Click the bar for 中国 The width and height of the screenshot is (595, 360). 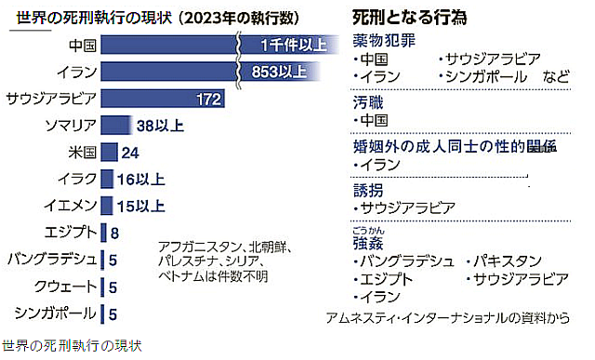167,44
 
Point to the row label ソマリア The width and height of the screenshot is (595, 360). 69,125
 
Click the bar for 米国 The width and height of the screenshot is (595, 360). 108,152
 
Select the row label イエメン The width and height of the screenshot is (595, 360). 69,206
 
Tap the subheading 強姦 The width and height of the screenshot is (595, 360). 366,243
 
